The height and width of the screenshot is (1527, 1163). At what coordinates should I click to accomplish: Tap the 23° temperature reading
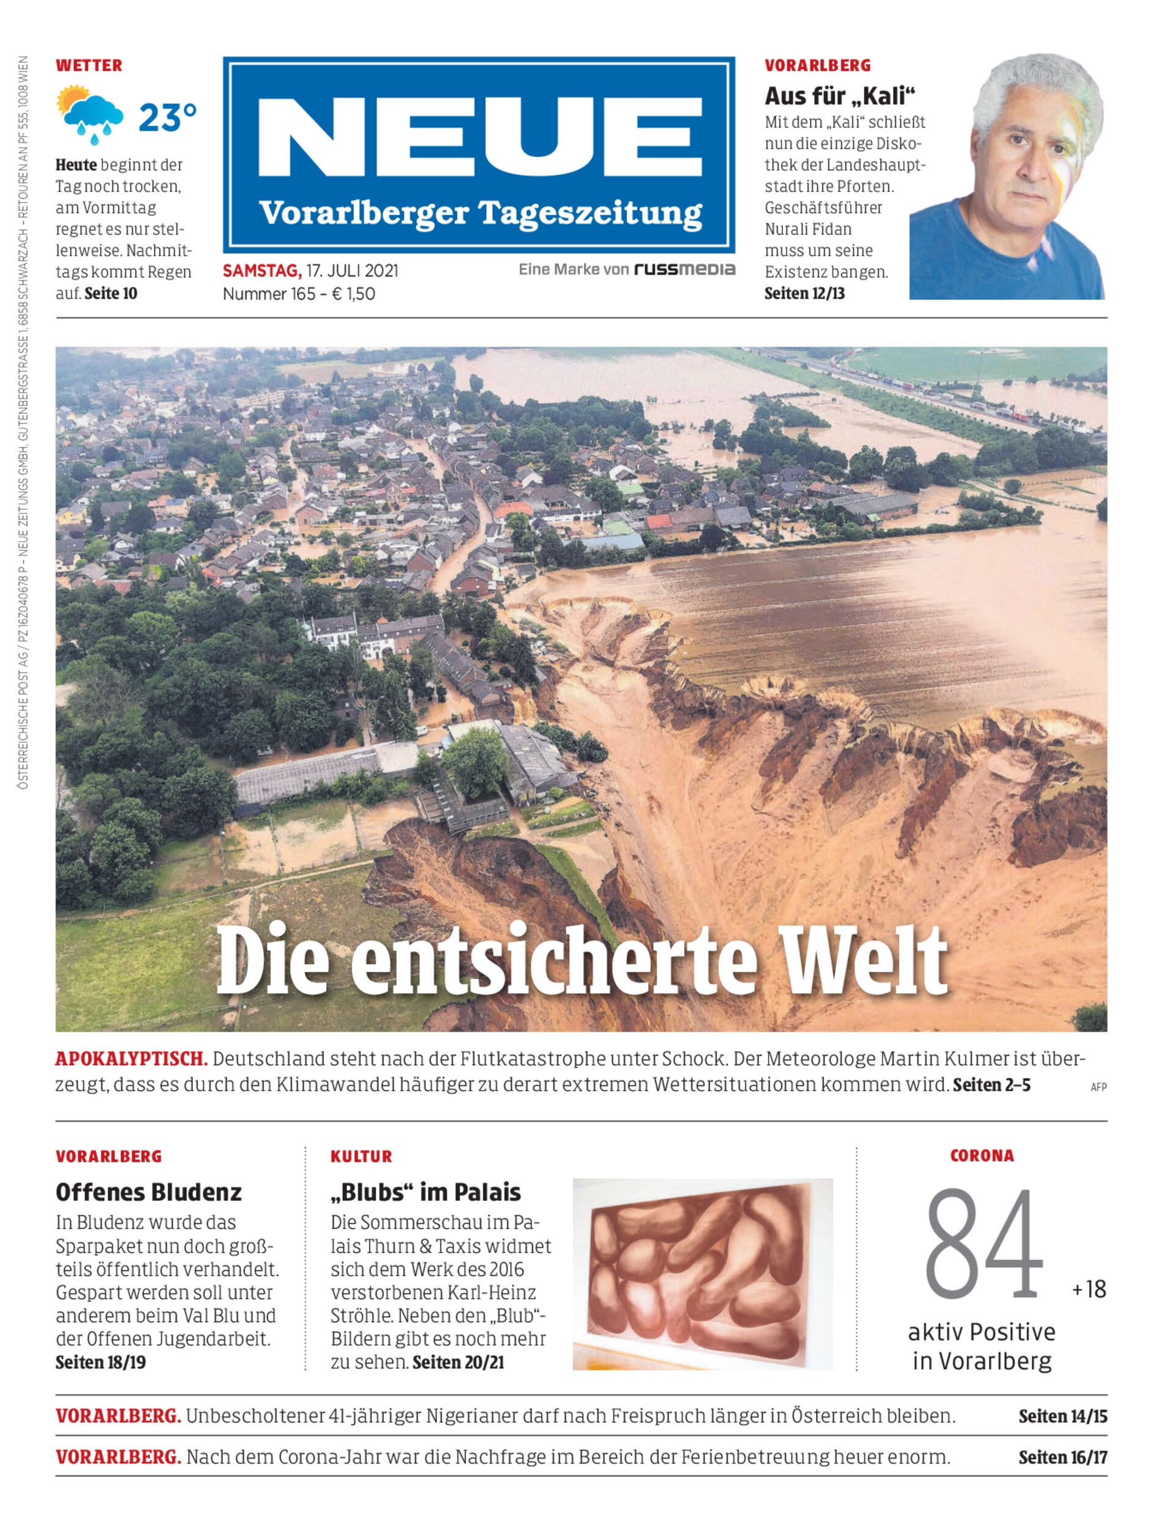[x=167, y=118]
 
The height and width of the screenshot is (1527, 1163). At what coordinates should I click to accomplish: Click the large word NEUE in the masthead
[x=479, y=139]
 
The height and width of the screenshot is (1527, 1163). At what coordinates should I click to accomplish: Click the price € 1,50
[x=353, y=294]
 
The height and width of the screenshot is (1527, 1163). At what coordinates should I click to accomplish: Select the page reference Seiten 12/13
[x=804, y=294]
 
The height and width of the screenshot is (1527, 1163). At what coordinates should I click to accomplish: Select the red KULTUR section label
[x=362, y=1157]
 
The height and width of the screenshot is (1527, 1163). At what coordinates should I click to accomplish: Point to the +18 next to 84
[x=1089, y=1289]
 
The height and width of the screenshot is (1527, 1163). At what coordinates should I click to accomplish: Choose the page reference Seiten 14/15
[x=1063, y=1416]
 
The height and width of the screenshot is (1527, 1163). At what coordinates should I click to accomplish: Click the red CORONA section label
[x=982, y=1156]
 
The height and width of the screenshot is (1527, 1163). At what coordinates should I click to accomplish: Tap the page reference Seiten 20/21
[x=458, y=1362]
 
